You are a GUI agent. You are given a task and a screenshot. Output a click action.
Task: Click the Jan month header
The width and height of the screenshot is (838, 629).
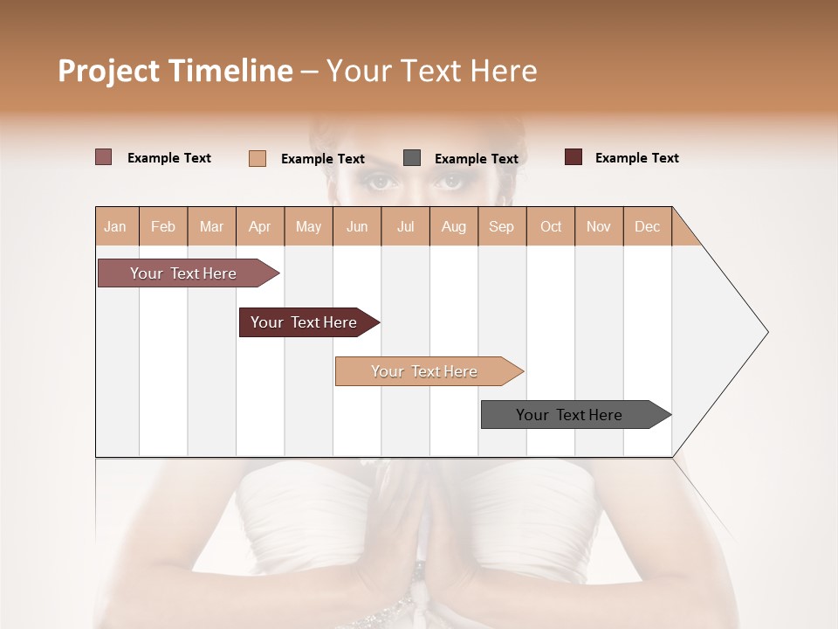point(115,227)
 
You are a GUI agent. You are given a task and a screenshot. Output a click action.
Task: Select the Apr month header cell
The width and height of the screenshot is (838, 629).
point(259,227)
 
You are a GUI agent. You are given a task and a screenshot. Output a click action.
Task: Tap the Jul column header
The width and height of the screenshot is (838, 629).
point(405,227)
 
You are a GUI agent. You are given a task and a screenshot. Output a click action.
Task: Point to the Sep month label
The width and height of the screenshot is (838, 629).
point(501,227)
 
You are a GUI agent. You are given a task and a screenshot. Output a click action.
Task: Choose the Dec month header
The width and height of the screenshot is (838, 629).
point(647,227)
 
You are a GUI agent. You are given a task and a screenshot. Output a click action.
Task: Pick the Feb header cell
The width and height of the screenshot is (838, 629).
point(163,227)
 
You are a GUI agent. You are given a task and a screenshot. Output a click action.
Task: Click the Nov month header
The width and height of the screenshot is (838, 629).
point(598,227)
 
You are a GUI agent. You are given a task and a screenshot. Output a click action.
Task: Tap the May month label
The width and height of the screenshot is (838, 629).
point(308,227)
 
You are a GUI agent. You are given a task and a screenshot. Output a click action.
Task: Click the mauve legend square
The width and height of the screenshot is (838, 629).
point(103,157)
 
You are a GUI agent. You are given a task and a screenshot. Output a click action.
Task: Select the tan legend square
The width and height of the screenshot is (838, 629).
point(257,158)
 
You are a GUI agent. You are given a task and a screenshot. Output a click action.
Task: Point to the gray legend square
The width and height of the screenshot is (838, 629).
point(412,158)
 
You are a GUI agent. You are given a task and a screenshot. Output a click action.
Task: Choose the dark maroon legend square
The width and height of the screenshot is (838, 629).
point(573,157)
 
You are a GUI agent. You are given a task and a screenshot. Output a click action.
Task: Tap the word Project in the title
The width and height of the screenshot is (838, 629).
point(108,71)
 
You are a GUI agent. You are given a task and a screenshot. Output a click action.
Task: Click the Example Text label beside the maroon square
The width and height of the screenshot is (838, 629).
point(636,158)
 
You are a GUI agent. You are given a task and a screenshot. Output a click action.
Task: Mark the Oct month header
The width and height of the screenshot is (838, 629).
point(551,227)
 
